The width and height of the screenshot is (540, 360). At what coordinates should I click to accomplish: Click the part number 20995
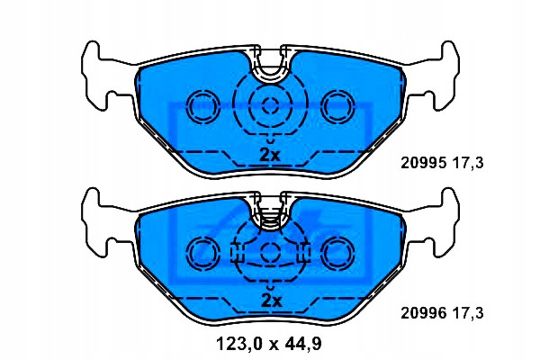[x=424, y=162]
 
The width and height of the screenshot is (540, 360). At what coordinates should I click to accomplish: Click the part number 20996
[x=424, y=313]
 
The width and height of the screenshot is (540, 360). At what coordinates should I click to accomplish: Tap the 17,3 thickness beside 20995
[x=467, y=163]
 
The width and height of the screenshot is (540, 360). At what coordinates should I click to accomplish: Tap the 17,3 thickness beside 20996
[x=467, y=314]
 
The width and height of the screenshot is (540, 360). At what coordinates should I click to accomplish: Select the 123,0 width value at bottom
[x=238, y=344]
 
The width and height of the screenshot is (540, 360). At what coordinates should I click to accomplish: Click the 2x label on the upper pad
[x=270, y=155]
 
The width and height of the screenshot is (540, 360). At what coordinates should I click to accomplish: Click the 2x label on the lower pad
[x=271, y=301]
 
